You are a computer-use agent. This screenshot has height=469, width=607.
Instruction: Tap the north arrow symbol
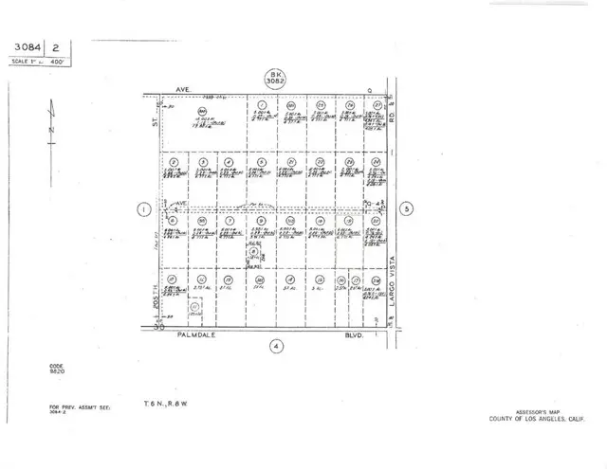(x=52, y=124)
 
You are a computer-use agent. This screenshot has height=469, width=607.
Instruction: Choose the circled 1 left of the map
(x=143, y=209)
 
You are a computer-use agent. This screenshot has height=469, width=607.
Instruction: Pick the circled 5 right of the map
(x=406, y=208)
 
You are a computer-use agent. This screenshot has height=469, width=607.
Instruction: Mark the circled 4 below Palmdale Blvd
(x=274, y=345)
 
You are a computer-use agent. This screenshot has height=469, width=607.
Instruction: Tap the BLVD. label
(x=356, y=334)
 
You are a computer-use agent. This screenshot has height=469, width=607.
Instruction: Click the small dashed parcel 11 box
(x=195, y=307)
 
